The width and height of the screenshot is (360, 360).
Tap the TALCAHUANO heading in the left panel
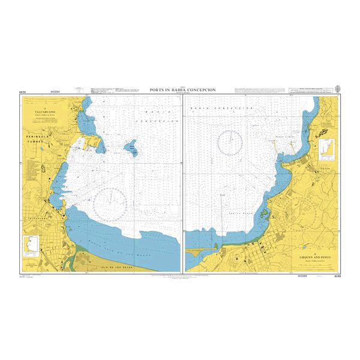(x=40, y=112)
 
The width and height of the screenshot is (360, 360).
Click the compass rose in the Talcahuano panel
(x=111, y=201)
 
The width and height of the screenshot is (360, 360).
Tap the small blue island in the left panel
(x=130, y=146)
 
